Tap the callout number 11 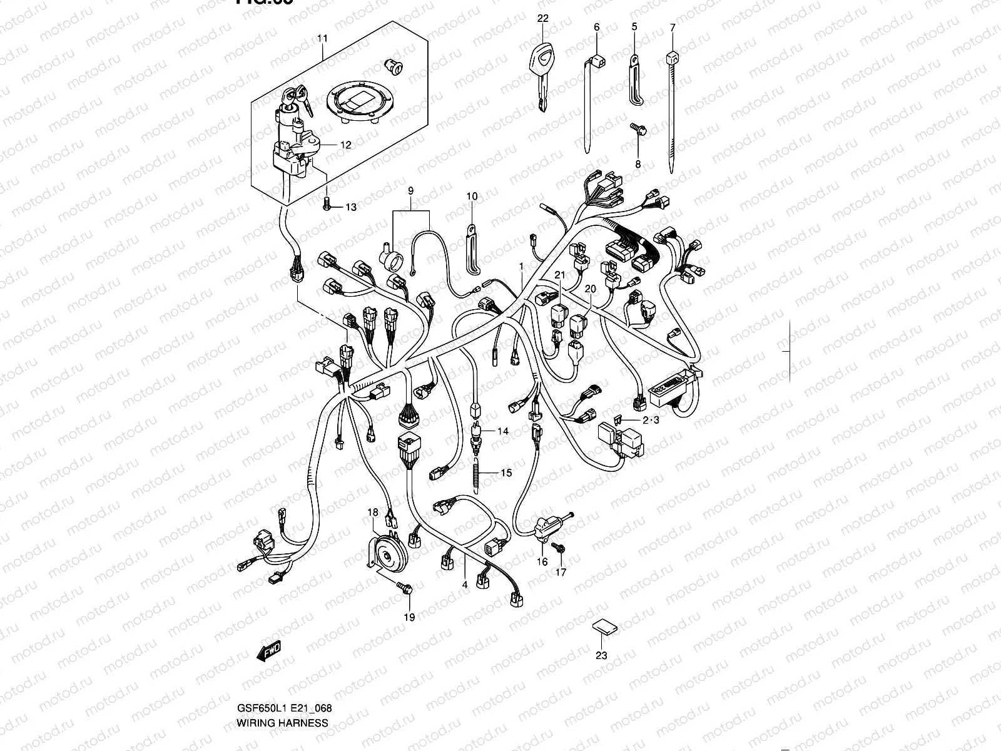click(322, 39)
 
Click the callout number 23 click(601, 656)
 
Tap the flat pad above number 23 click(602, 627)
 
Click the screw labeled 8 click(638, 131)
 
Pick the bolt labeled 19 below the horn click(404, 588)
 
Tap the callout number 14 click(504, 431)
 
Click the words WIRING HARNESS click(282, 723)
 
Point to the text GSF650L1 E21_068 click(284, 709)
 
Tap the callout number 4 click(465, 585)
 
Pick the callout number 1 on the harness click(521, 266)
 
